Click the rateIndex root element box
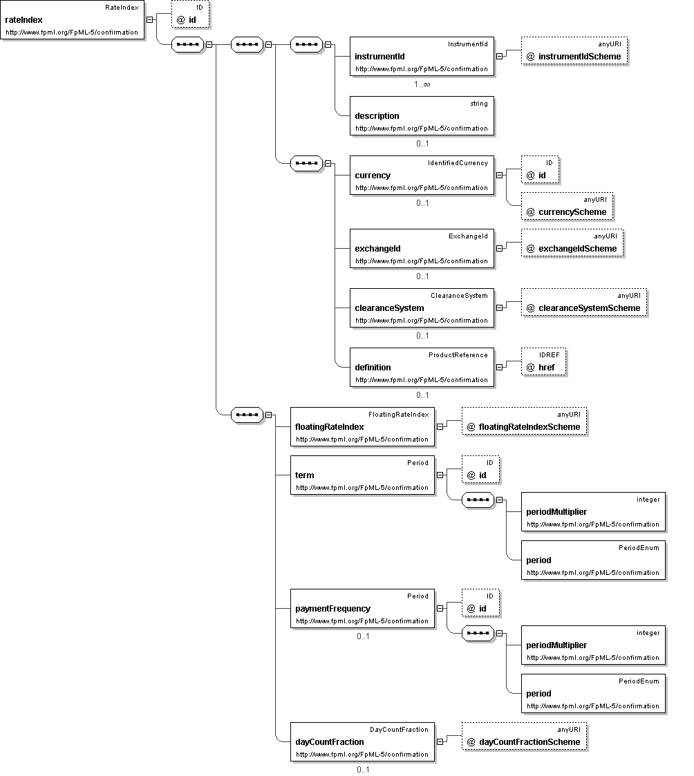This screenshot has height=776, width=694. coord(73,20)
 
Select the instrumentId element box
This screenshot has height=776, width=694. coord(422,57)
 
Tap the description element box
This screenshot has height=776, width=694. coord(422,116)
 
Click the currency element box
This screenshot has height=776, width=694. coord(422,176)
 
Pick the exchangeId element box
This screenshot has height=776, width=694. coord(422,249)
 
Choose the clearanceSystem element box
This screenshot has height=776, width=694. coord(422,307)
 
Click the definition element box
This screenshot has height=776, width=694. coord(422,367)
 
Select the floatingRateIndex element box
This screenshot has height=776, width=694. coord(362,426)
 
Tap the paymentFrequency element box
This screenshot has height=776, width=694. coord(362,608)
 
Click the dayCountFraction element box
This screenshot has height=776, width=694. coord(362,742)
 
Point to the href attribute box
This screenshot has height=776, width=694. coord(543,362)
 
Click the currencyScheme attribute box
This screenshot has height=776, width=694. coord(568,207)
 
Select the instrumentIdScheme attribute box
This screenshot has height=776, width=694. coord(574,51)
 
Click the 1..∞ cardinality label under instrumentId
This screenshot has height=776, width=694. coord(422,84)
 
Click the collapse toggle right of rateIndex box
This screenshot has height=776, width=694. coord(149,20)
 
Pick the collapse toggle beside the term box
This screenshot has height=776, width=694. coord(440,475)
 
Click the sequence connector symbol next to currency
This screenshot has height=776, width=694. coord(306,163)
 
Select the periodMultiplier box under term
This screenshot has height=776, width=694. coord(593,512)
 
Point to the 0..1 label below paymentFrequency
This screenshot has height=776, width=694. coord(363,636)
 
